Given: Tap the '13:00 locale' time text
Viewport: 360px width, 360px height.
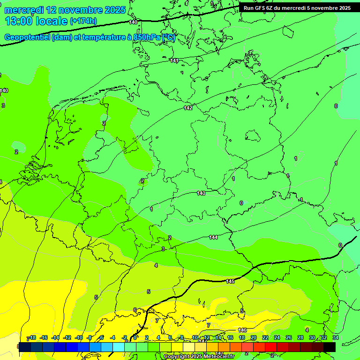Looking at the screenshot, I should click(x=36, y=21).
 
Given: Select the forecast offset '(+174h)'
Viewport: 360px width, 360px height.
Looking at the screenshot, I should click(x=83, y=21).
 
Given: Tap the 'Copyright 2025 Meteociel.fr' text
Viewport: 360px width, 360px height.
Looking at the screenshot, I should click(x=199, y=357).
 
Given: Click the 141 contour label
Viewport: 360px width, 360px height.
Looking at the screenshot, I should click(x=174, y=60).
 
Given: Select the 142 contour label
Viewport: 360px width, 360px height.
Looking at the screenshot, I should click(x=188, y=108).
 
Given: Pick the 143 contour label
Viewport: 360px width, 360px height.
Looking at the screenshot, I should click(x=201, y=193).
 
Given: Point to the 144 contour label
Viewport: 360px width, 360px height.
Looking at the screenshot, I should click(x=213, y=237).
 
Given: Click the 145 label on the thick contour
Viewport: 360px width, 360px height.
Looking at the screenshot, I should click(x=230, y=281).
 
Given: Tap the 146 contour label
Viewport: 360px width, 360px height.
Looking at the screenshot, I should click(x=242, y=330).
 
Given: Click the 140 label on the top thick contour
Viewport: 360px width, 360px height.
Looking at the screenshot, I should click(x=133, y=22).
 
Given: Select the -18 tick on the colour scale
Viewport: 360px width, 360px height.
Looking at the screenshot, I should click(x=32, y=337).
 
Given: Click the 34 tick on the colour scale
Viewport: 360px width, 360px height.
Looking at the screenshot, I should click(x=335, y=337).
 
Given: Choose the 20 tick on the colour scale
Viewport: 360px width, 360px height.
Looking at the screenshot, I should click(x=254, y=337).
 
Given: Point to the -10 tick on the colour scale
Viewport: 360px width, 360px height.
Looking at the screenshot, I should click(x=79, y=337).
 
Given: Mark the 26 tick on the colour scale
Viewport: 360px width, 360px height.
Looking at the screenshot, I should click(x=288, y=337).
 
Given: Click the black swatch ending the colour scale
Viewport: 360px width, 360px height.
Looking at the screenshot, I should click(x=330, y=347).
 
